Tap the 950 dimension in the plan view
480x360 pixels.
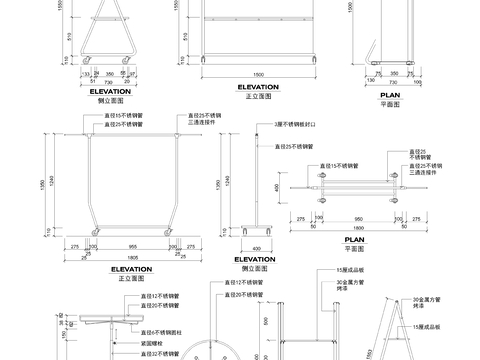tap(345, 217)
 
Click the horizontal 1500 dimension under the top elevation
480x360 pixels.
tap(258, 75)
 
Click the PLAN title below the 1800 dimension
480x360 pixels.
tap(354, 240)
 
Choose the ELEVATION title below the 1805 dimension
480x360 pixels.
tap(131, 269)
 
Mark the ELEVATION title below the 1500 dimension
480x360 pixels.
tap(258, 87)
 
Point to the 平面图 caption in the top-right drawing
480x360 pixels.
tap(390, 103)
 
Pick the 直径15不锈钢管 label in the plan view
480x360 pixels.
tap(339, 165)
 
